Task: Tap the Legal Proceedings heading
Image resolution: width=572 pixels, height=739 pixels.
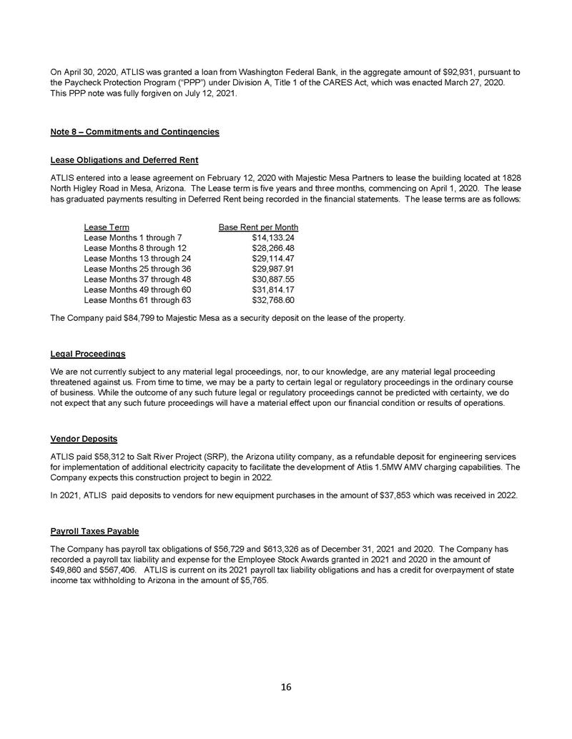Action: (x=88, y=354)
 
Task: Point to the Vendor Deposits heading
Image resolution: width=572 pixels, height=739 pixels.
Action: (x=84, y=438)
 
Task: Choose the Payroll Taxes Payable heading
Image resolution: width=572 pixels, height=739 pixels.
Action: (x=94, y=532)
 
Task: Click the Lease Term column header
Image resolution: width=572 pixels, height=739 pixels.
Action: (x=107, y=227)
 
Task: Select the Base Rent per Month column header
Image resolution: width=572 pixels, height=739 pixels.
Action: (x=258, y=227)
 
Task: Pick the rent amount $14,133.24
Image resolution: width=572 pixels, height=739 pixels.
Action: (x=274, y=237)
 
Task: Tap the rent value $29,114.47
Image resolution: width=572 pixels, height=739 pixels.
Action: (x=274, y=258)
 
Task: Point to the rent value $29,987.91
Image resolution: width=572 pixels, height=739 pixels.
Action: (x=274, y=269)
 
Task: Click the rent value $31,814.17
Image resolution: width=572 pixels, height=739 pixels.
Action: (x=274, y=289)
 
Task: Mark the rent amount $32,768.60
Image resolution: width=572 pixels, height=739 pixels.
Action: (x=274, y=300)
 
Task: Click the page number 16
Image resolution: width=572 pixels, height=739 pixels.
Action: (x=286, y=688)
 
